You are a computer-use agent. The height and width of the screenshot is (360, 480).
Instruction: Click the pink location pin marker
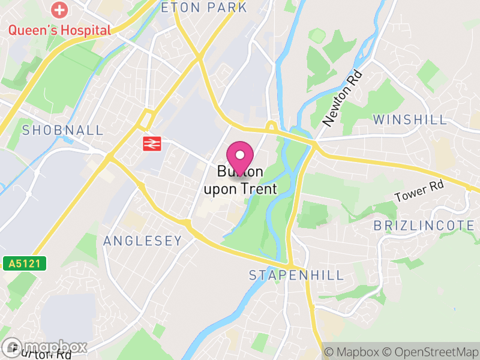(x=240, y=157)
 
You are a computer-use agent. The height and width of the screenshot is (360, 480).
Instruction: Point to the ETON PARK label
(x=204, y=8)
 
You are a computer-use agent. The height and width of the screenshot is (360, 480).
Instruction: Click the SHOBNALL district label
(x=62, y=130)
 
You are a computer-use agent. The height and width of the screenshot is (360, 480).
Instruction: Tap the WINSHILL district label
(x=410, y=119)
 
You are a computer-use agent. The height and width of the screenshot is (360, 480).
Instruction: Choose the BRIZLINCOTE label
(x=424, y=226)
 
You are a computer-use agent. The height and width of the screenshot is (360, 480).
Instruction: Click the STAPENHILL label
(x=296, y=275)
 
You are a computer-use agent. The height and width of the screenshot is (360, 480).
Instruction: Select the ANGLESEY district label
(x=142, y=241)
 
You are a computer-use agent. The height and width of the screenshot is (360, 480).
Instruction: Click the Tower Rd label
(x=418, y=191)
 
